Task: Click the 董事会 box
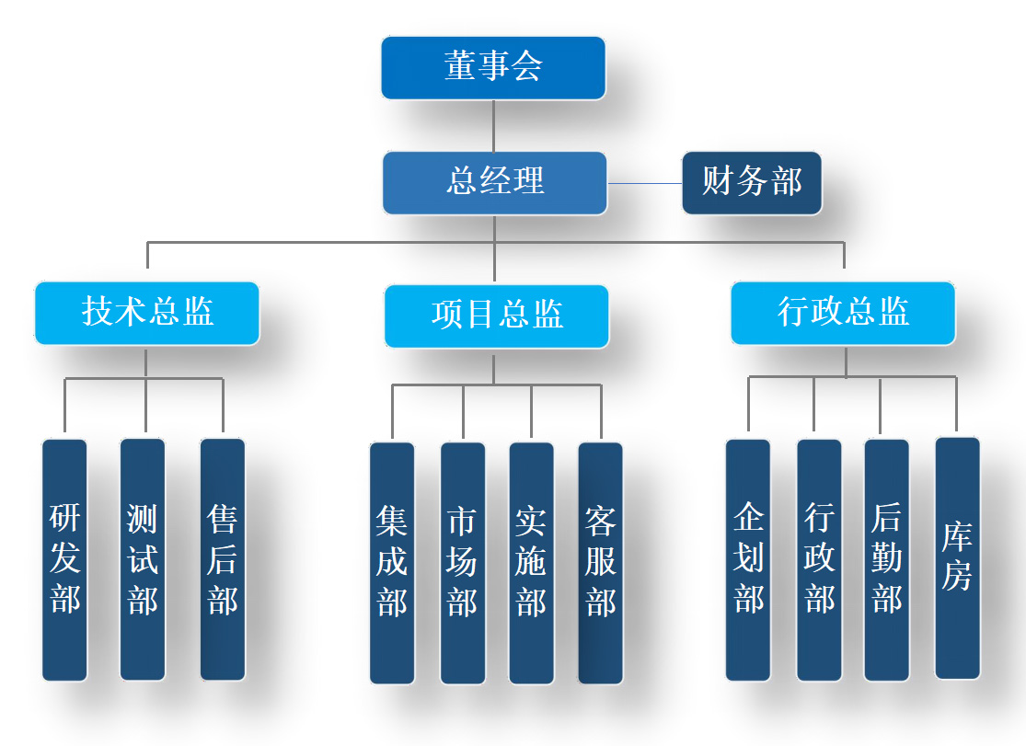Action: (493, 68)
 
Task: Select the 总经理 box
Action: (495, 182)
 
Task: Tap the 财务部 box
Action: (751, 182)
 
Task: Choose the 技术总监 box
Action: (147, 313)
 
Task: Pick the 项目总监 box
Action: (497, 316)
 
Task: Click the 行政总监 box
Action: (843, 313)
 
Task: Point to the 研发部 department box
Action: (65, 559)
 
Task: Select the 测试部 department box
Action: (143, 559)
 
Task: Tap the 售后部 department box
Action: (223, 559)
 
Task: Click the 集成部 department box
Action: (392, 563)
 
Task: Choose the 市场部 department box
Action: (462, 563)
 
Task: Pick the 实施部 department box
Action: (531, 563)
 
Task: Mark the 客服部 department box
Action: (601, 563)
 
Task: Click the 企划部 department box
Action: (748, 559)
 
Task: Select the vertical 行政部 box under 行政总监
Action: (819, 559)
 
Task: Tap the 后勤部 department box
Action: (887, 559)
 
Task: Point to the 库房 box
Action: (957, 557)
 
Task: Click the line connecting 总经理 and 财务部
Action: (644, 183)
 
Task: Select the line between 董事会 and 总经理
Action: (494, 125)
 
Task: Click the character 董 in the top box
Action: (460, 67)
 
